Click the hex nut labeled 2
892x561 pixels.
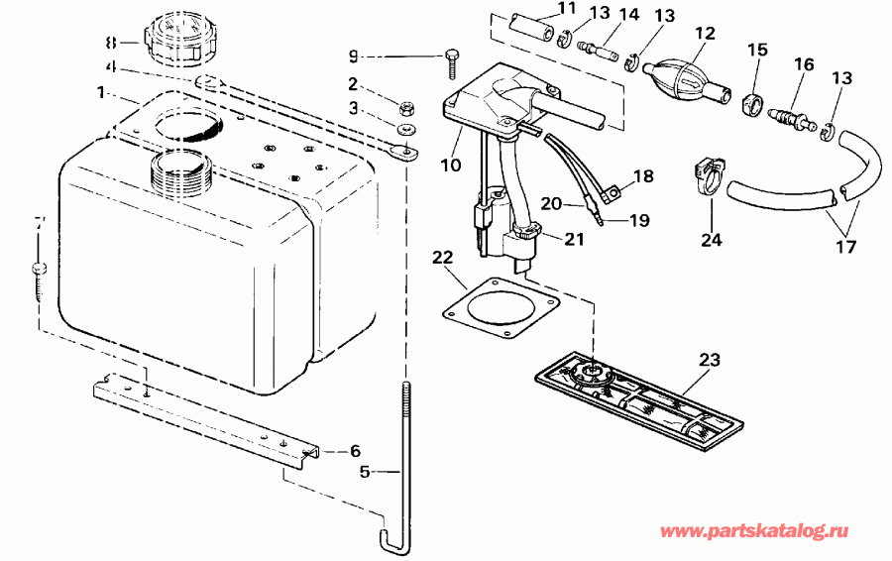click(406, 105)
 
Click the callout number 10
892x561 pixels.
click(451, 165)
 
